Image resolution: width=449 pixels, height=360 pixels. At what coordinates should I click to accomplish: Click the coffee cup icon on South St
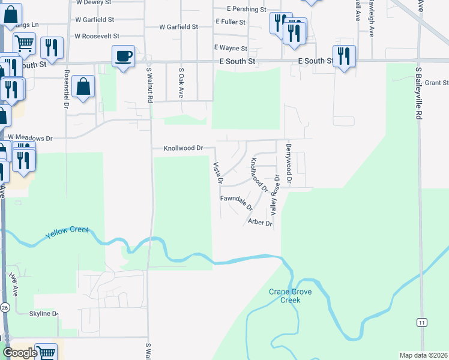pos(123,56)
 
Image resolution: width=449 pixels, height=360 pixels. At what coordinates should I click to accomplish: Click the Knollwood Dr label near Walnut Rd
pos(184,148)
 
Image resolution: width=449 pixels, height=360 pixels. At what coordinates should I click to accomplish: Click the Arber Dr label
pos(260,223)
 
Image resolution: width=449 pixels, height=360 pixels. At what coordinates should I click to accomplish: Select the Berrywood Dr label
pos(289,163)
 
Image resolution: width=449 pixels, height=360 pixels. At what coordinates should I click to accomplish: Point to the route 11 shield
pos(423,322)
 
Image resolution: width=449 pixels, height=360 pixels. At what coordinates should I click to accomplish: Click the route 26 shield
pos(5,307)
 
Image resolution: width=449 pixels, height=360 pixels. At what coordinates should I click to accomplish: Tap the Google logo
pos(19,352)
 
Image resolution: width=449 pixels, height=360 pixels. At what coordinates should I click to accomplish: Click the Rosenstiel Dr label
pos(66,89)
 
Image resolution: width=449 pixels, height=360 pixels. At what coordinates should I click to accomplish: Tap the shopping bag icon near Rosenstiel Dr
pos(83,87)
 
